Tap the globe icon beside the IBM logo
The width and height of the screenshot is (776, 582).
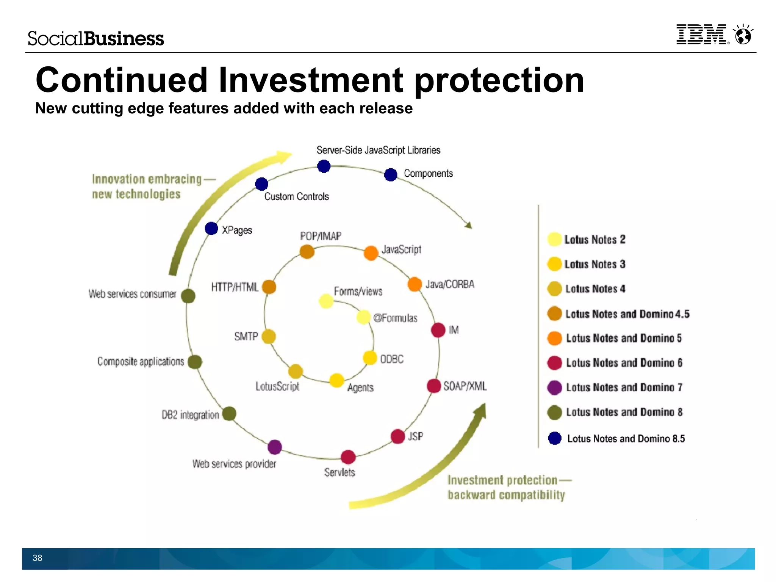click(x=743, y=35)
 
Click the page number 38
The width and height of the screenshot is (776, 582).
click(x=37, y=558)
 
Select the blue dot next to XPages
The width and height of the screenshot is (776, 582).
click(x=211, y=229)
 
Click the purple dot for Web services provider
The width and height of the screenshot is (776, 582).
click(x=275, y=447)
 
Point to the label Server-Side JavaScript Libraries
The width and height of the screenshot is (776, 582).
click(x=378, y=150)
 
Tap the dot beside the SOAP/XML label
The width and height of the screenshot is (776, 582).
click(x=434, y=386)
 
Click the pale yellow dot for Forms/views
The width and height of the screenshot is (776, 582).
click(x=326, y=301)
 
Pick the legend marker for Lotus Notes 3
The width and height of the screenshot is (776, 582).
click(x=554, y=264)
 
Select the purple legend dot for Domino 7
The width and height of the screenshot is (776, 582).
click(x=555, y=387)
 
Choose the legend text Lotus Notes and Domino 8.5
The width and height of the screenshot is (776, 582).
click(x=626, y=439)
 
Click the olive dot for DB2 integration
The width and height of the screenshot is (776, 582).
click(x=229, y=414)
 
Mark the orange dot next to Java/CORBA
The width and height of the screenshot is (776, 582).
click(x=415, y=284)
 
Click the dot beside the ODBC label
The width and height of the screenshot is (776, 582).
click(x=370, y=358)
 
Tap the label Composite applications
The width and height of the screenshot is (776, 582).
click(x=141, y=361)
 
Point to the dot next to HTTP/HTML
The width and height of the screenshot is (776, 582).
click(x=269, y=287)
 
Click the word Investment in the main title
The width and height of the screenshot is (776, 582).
click(x=311, y=80)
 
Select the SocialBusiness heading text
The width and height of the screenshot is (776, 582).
click(x=96, y=39)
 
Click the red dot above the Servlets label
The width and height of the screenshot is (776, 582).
click(x=348, y=457)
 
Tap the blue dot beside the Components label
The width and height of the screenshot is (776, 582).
click(x=391, y=175)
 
